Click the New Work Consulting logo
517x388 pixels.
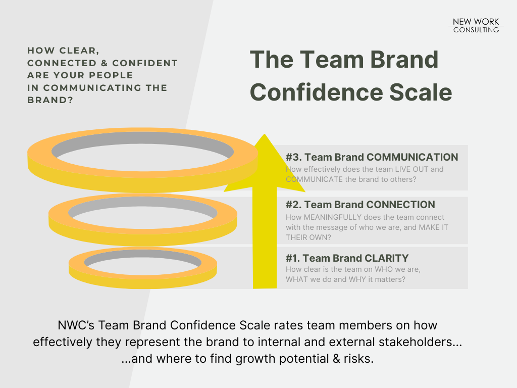476,25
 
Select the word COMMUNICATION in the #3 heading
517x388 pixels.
412,157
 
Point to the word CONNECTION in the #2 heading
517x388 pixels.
401,205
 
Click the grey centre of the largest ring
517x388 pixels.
142,150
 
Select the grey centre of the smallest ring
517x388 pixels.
142,260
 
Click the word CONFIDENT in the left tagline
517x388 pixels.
145,63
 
